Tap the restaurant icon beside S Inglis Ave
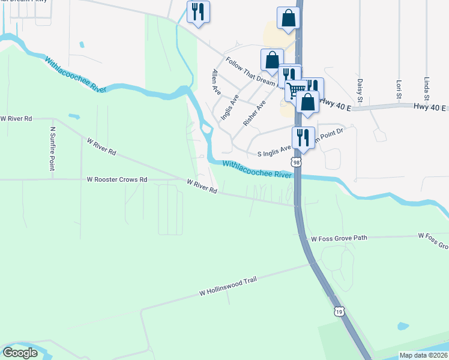303,136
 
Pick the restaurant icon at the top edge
198,11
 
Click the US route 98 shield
294,162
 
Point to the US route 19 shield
339,311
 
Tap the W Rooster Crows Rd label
117,179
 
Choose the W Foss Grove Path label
339,238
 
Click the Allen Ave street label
215,80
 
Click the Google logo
20,353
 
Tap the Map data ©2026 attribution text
424,355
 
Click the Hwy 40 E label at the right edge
430,107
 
